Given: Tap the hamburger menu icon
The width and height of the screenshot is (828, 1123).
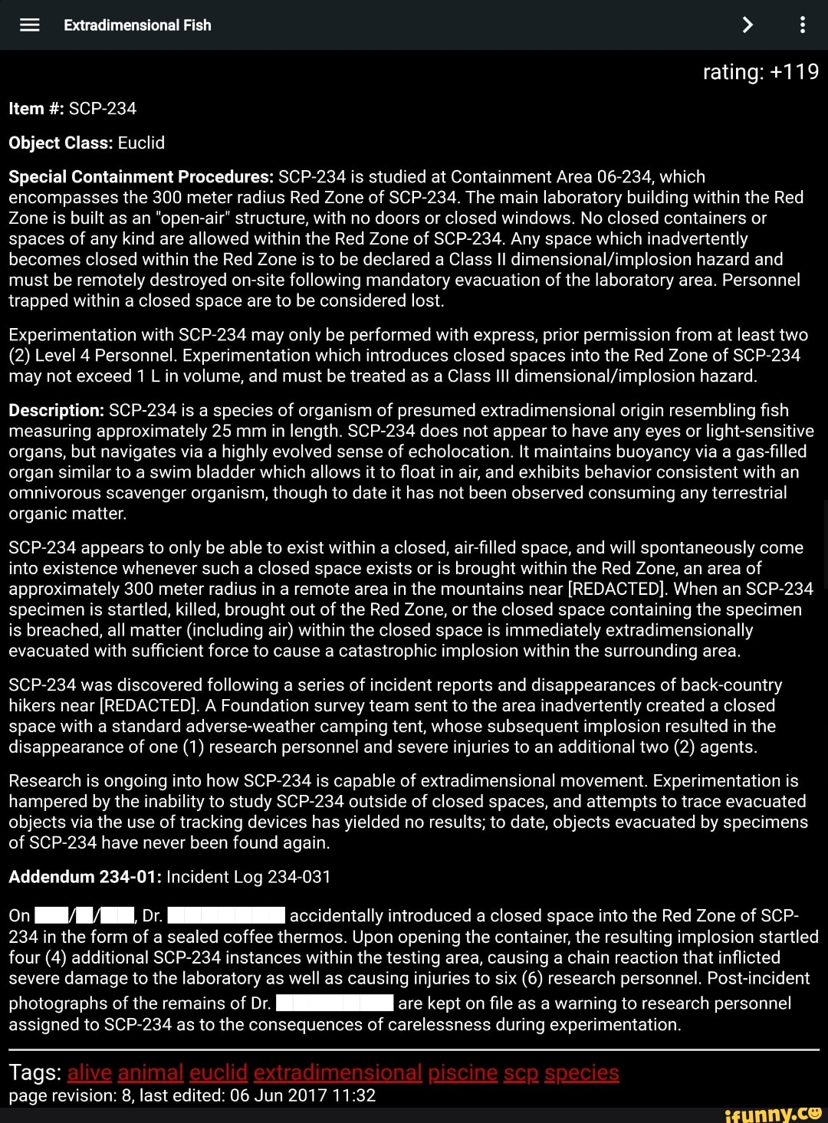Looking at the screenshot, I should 29,25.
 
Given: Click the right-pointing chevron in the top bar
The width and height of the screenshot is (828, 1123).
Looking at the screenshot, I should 747,25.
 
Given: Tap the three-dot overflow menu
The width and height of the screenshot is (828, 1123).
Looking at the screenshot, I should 802,25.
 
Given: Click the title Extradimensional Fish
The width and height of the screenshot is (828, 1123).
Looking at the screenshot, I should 137,25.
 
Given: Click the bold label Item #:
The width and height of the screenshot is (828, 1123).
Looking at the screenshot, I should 36,109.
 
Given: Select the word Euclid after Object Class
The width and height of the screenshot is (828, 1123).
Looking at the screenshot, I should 141,143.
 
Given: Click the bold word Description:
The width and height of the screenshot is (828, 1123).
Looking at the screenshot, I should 56,411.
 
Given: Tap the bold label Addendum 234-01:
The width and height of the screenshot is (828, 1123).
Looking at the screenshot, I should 84,877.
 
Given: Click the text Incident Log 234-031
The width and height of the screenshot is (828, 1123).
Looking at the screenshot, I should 248,877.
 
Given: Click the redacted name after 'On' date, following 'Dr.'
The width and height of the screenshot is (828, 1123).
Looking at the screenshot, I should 226,916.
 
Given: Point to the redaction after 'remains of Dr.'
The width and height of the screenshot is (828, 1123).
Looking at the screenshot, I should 334,1003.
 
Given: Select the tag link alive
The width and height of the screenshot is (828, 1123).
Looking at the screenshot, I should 90,1072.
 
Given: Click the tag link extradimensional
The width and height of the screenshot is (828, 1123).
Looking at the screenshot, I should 337,1072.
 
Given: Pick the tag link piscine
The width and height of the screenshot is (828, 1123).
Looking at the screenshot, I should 462,1072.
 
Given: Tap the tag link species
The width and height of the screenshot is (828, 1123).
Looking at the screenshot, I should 581,1072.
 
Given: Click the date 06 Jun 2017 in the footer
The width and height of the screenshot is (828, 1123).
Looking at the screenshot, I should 278,1096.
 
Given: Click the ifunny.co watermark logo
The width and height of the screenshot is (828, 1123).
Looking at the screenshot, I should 773,1112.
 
